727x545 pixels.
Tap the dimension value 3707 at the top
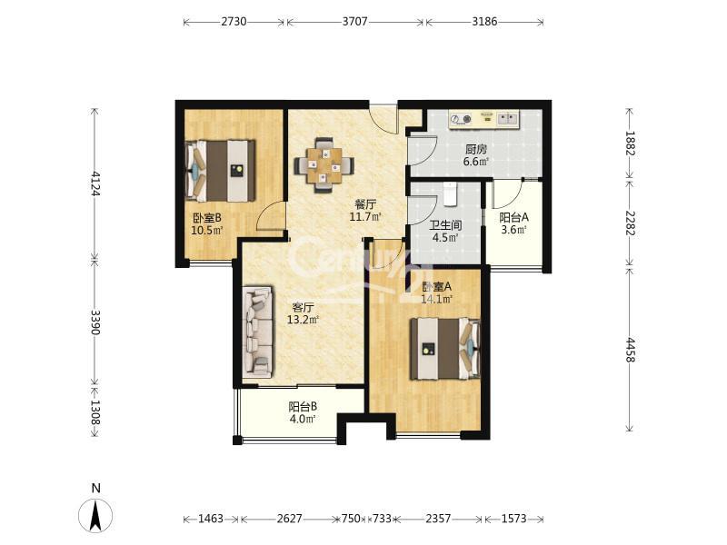coord(355,21)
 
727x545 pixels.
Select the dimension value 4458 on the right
coord(630,350)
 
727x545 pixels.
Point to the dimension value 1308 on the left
coord(95,412)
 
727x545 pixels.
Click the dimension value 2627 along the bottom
coord(289,518)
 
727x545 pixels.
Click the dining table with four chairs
coord(324,164)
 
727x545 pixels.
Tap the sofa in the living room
coord(258,331)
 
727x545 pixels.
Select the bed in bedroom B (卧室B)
coord(220,171)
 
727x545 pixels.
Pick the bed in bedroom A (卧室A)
coord(445,349)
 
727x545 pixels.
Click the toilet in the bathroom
coord(450,193)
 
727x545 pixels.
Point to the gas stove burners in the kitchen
coord(462,119)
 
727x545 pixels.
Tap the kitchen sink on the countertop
coord(508,119)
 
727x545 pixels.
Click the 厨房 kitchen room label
coord(476,149)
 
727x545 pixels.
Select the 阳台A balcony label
coord(513,217)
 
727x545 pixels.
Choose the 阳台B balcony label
coord(303,407)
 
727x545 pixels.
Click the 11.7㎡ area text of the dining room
coord(365,216)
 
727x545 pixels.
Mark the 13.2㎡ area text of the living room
coord(304,320)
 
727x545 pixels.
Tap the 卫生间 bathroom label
coord(445,225)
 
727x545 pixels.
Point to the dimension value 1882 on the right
coord(630,144)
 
